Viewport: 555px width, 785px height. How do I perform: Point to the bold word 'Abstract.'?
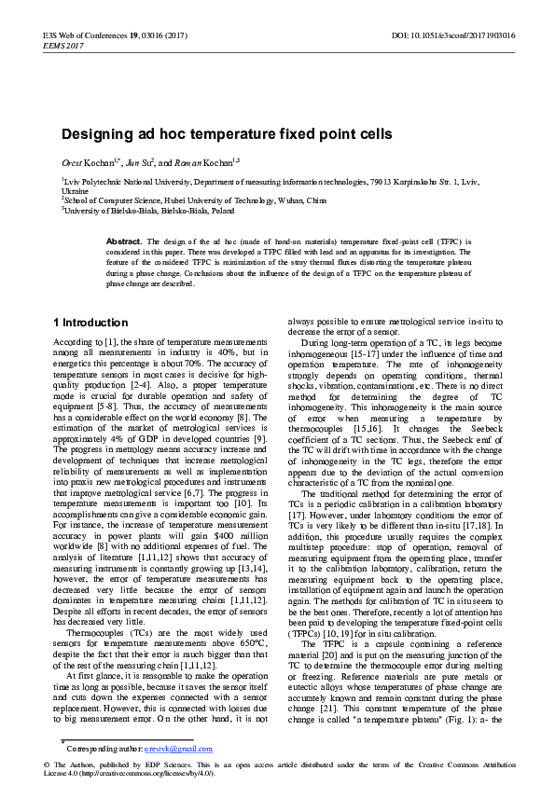(x=124, y=241)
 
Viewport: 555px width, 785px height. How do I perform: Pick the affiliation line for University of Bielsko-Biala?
(x=149, y=211)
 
